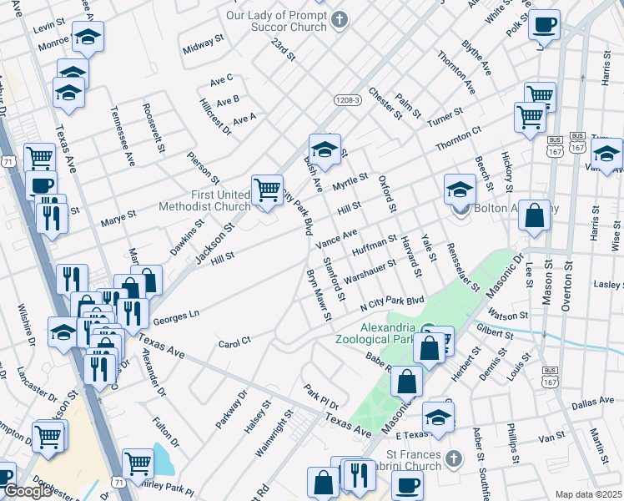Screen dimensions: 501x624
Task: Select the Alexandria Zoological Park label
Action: [375, 333]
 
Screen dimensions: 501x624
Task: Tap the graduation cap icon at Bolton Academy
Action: [460, 189]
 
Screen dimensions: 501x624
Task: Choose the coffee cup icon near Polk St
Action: [545, 25]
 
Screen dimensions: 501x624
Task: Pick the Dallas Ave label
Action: [593, 403]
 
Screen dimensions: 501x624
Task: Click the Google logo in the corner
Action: [28, 491]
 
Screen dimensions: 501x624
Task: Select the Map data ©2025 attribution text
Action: [588, 494]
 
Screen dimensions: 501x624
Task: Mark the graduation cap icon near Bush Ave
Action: [325, 149]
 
